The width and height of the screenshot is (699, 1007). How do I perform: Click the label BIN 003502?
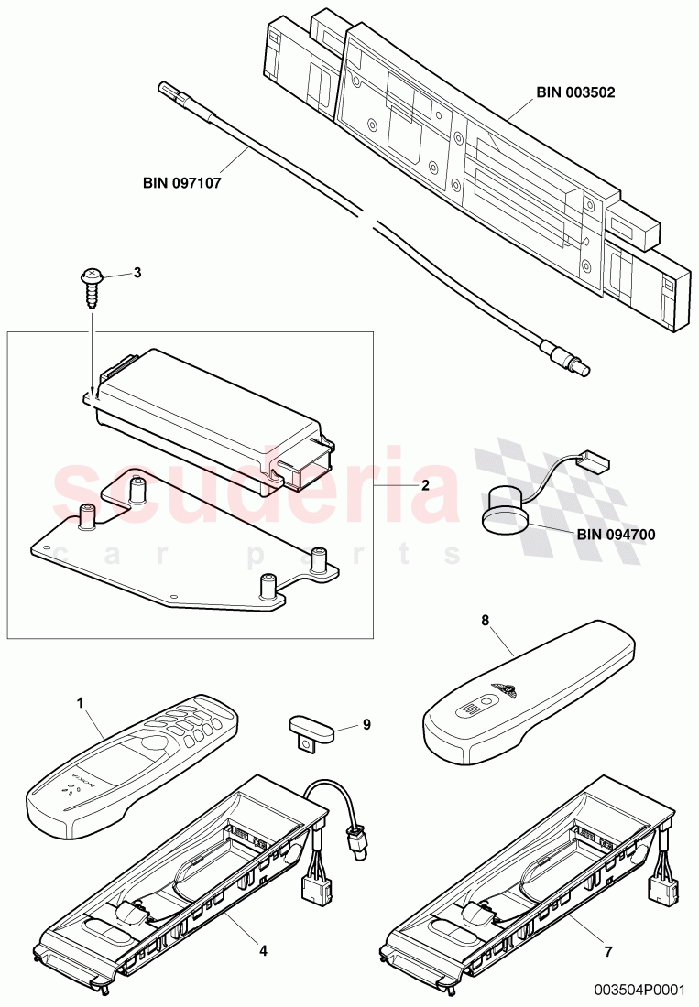(x=574, y=92)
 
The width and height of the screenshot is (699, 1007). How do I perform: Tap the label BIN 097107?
(x=182, y=182)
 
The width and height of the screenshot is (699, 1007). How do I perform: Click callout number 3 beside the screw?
(x=138, y=271)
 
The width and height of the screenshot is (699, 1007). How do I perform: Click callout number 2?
(x=424, y=485)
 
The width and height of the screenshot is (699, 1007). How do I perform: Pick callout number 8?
(x=486, y=621)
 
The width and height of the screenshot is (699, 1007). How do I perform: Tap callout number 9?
(x=366, y=724)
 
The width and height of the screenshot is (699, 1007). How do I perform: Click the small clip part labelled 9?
(x=308, y=730)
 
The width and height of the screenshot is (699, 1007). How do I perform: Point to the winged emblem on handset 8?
(x=503, y=688)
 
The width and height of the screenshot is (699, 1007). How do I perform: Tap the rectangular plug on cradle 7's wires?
(x=658, y=886)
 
